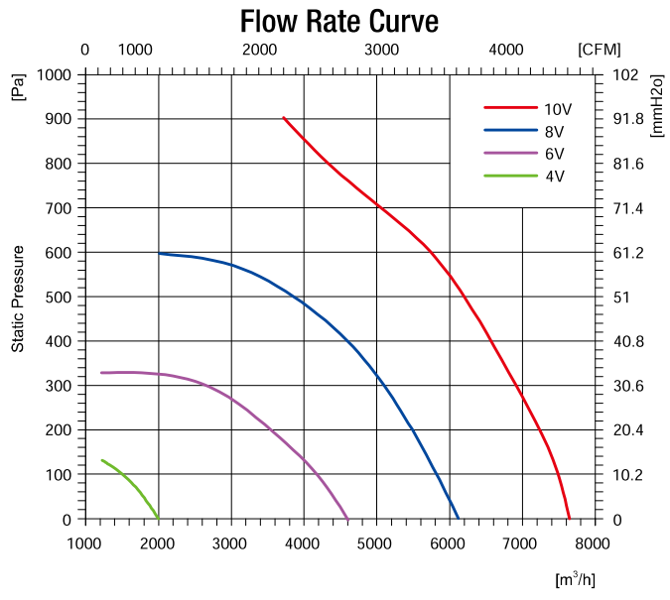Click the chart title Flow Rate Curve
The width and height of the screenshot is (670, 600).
tap(338, 21)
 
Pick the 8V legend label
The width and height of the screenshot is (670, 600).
tap(553, 130)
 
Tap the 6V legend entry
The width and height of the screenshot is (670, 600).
tap(553, 154)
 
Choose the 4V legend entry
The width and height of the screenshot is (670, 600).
tap(553, 177)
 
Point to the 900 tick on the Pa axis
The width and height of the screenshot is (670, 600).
tap(58, 119)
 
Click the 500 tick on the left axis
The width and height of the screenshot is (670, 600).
tap(58, 298)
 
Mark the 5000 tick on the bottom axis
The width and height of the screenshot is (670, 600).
tap(376, 543)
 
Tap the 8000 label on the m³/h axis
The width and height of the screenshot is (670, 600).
tap(593, 543)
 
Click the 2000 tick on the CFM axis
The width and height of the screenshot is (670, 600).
tap(259, 50)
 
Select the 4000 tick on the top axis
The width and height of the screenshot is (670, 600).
tap(506, 50)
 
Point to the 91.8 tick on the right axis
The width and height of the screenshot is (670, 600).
tap(629, 119)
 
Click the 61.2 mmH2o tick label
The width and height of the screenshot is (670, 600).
tap(629, 253)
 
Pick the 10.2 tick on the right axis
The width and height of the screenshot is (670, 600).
tap(629, 475)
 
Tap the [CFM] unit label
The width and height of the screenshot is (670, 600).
tap(598, 50)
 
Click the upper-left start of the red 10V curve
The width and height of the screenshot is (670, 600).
tap(284, 117)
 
